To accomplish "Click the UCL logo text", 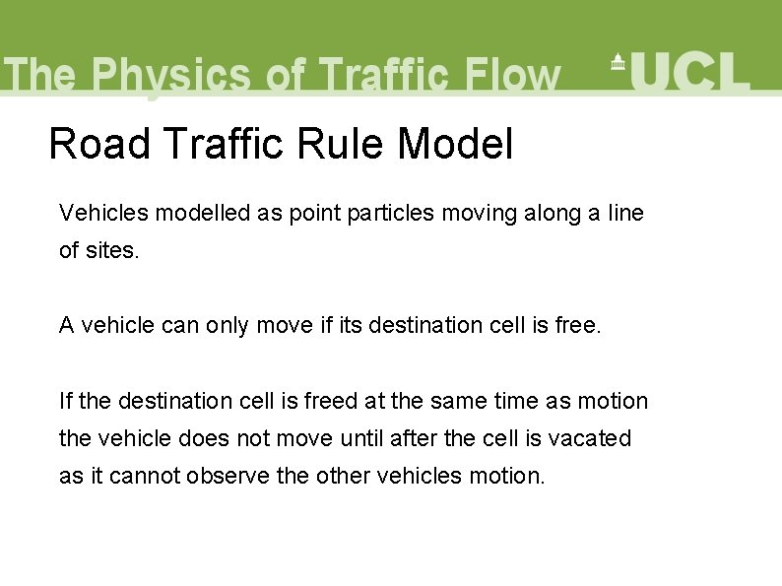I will tap(690, 71).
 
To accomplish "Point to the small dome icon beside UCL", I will tap(619, 62).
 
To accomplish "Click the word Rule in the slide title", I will tap(340, 145).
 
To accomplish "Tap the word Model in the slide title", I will tap(455, 145).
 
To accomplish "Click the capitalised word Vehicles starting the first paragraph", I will tap(99, 212).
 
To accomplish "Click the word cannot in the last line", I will tap(145, 476).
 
